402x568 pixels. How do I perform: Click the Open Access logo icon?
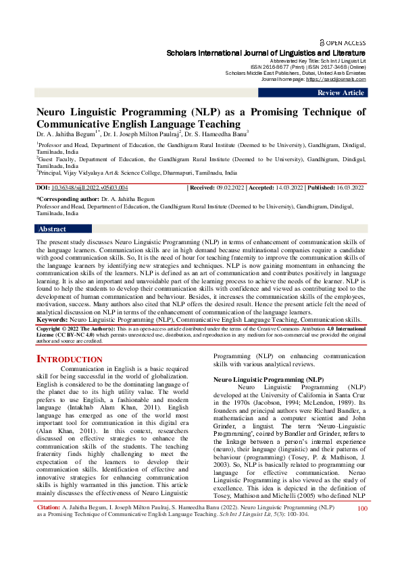[322, 42]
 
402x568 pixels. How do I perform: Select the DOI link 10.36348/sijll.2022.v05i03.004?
[90, 188]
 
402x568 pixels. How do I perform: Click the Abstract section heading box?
[52, 229]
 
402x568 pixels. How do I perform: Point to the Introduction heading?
[69, 359]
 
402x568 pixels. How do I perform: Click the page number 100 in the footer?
[362, 546]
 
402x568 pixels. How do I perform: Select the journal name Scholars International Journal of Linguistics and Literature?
[266, 53]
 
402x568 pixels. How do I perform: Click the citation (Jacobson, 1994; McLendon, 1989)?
[317, 403]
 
